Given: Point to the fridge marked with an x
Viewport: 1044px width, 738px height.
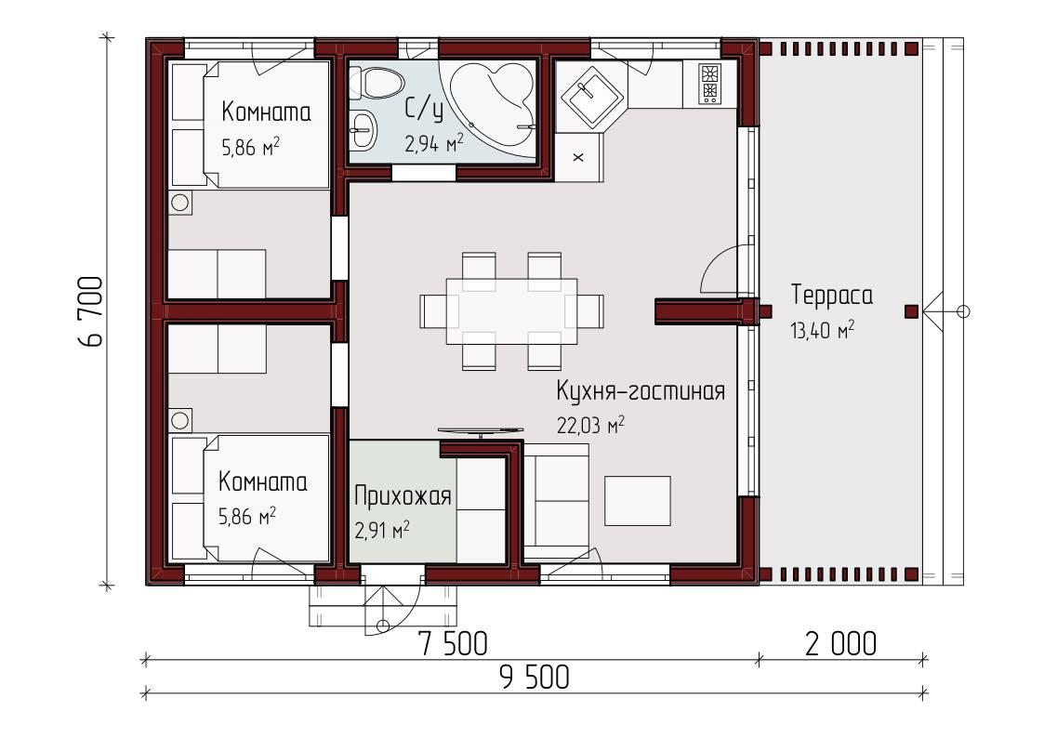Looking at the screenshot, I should pyautogui.click(x=578, y=157).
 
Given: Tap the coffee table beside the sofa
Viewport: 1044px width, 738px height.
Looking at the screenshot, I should pyautogui.click(x=638, y=499).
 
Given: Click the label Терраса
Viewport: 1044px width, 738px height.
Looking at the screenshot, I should pyautogui.click(x=832, y=296).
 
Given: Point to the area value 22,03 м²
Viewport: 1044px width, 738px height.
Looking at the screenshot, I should pyautogui.click(x=589, y=425).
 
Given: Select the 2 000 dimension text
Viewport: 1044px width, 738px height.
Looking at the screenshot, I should pyautogui.click(x=840, y=643).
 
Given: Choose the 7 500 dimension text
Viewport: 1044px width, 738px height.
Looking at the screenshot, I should pyautogui.click(x=452, y=643).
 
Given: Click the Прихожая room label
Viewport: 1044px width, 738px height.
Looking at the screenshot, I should pyautogui.click(x=403, y=496).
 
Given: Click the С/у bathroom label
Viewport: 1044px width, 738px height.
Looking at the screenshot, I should pyautogui.click(x=424, y=109).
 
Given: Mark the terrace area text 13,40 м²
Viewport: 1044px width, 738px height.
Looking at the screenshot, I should pyautogui.click(x=822, y=330).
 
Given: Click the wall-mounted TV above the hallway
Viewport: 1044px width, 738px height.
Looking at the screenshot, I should pyautogui.click(x=480, y=430).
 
